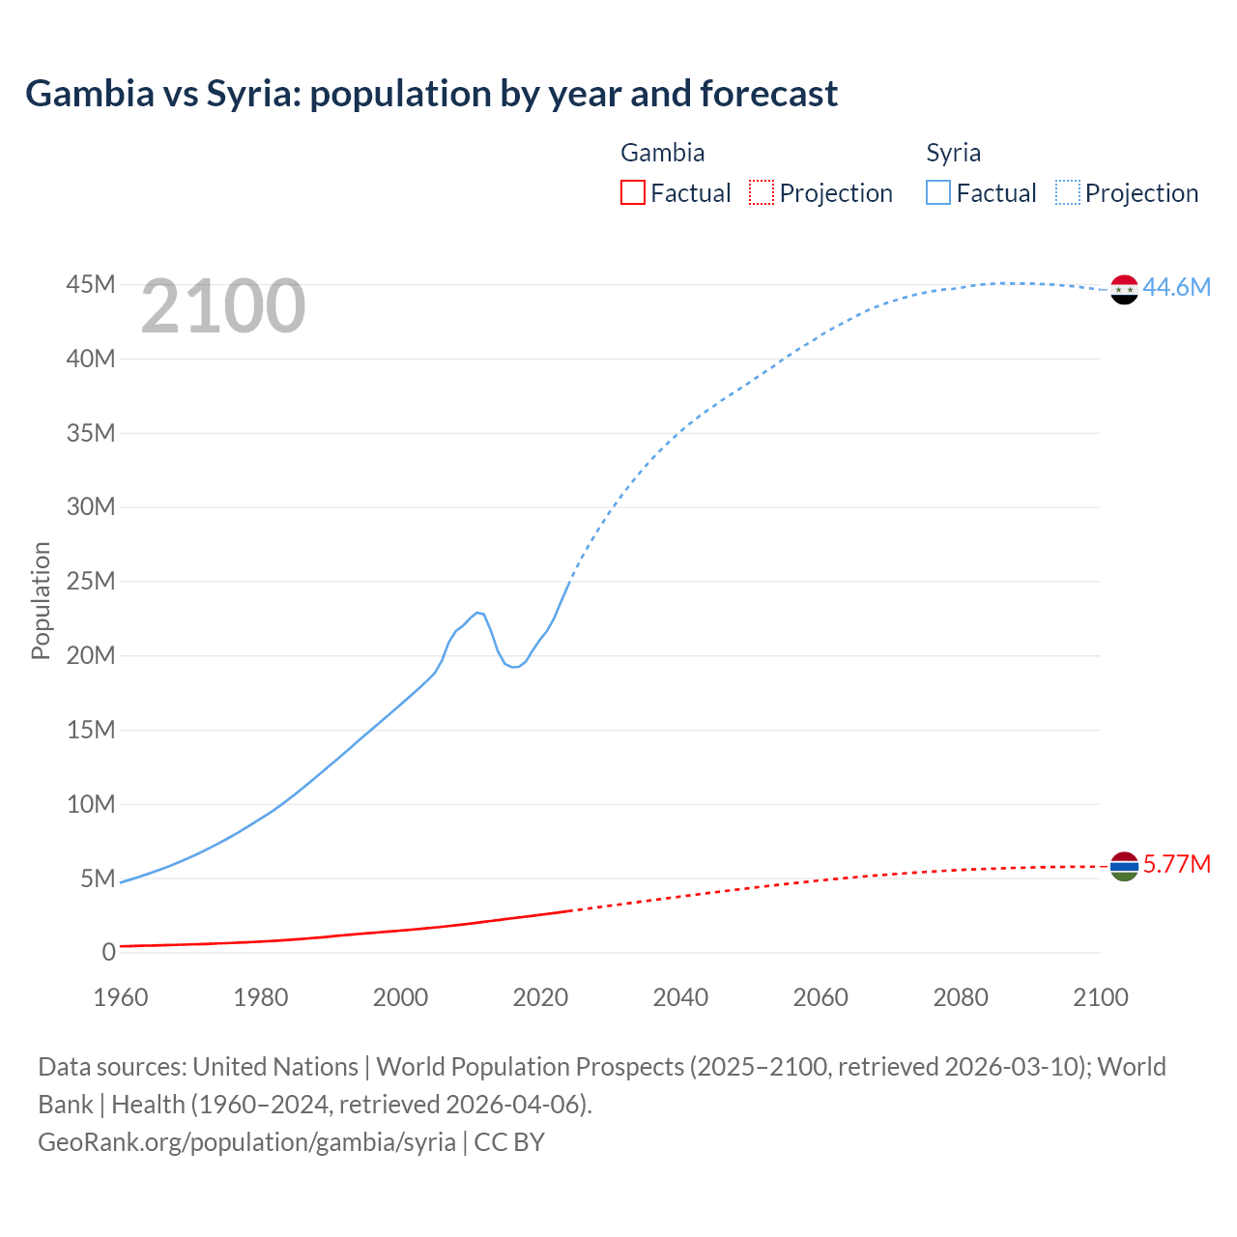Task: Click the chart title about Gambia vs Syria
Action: click(x=431, y=94)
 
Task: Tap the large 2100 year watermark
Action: click(x=223, y=306)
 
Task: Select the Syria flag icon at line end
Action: click(x=1124, y=289)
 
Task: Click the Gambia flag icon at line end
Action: click(x=1124, y=867)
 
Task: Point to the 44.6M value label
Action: click(x=1176, y=287)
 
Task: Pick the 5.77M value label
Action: click(x=1176, y=864)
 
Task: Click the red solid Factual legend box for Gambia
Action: click(x=633, y=193)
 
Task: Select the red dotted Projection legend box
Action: click(x=762, y=193)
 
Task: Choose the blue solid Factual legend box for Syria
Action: click(x=938, y=193)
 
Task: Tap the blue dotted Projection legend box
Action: click(x=1068, y=193)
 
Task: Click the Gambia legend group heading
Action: click(x=662, y=153)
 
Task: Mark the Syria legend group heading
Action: click(x=953, y=153)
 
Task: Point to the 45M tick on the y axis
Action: click(x=91, y=284)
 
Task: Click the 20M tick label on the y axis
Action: click(x=91, y=655)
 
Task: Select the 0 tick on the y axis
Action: click(x=108, y=952)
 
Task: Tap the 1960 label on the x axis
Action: click(x=121, y=997)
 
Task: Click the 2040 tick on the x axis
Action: click(x=680, y=997)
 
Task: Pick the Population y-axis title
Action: click(x=41, y=600)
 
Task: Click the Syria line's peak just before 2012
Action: click(x=477, y=612)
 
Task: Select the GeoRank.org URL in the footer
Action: click(x=246, y=1142)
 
